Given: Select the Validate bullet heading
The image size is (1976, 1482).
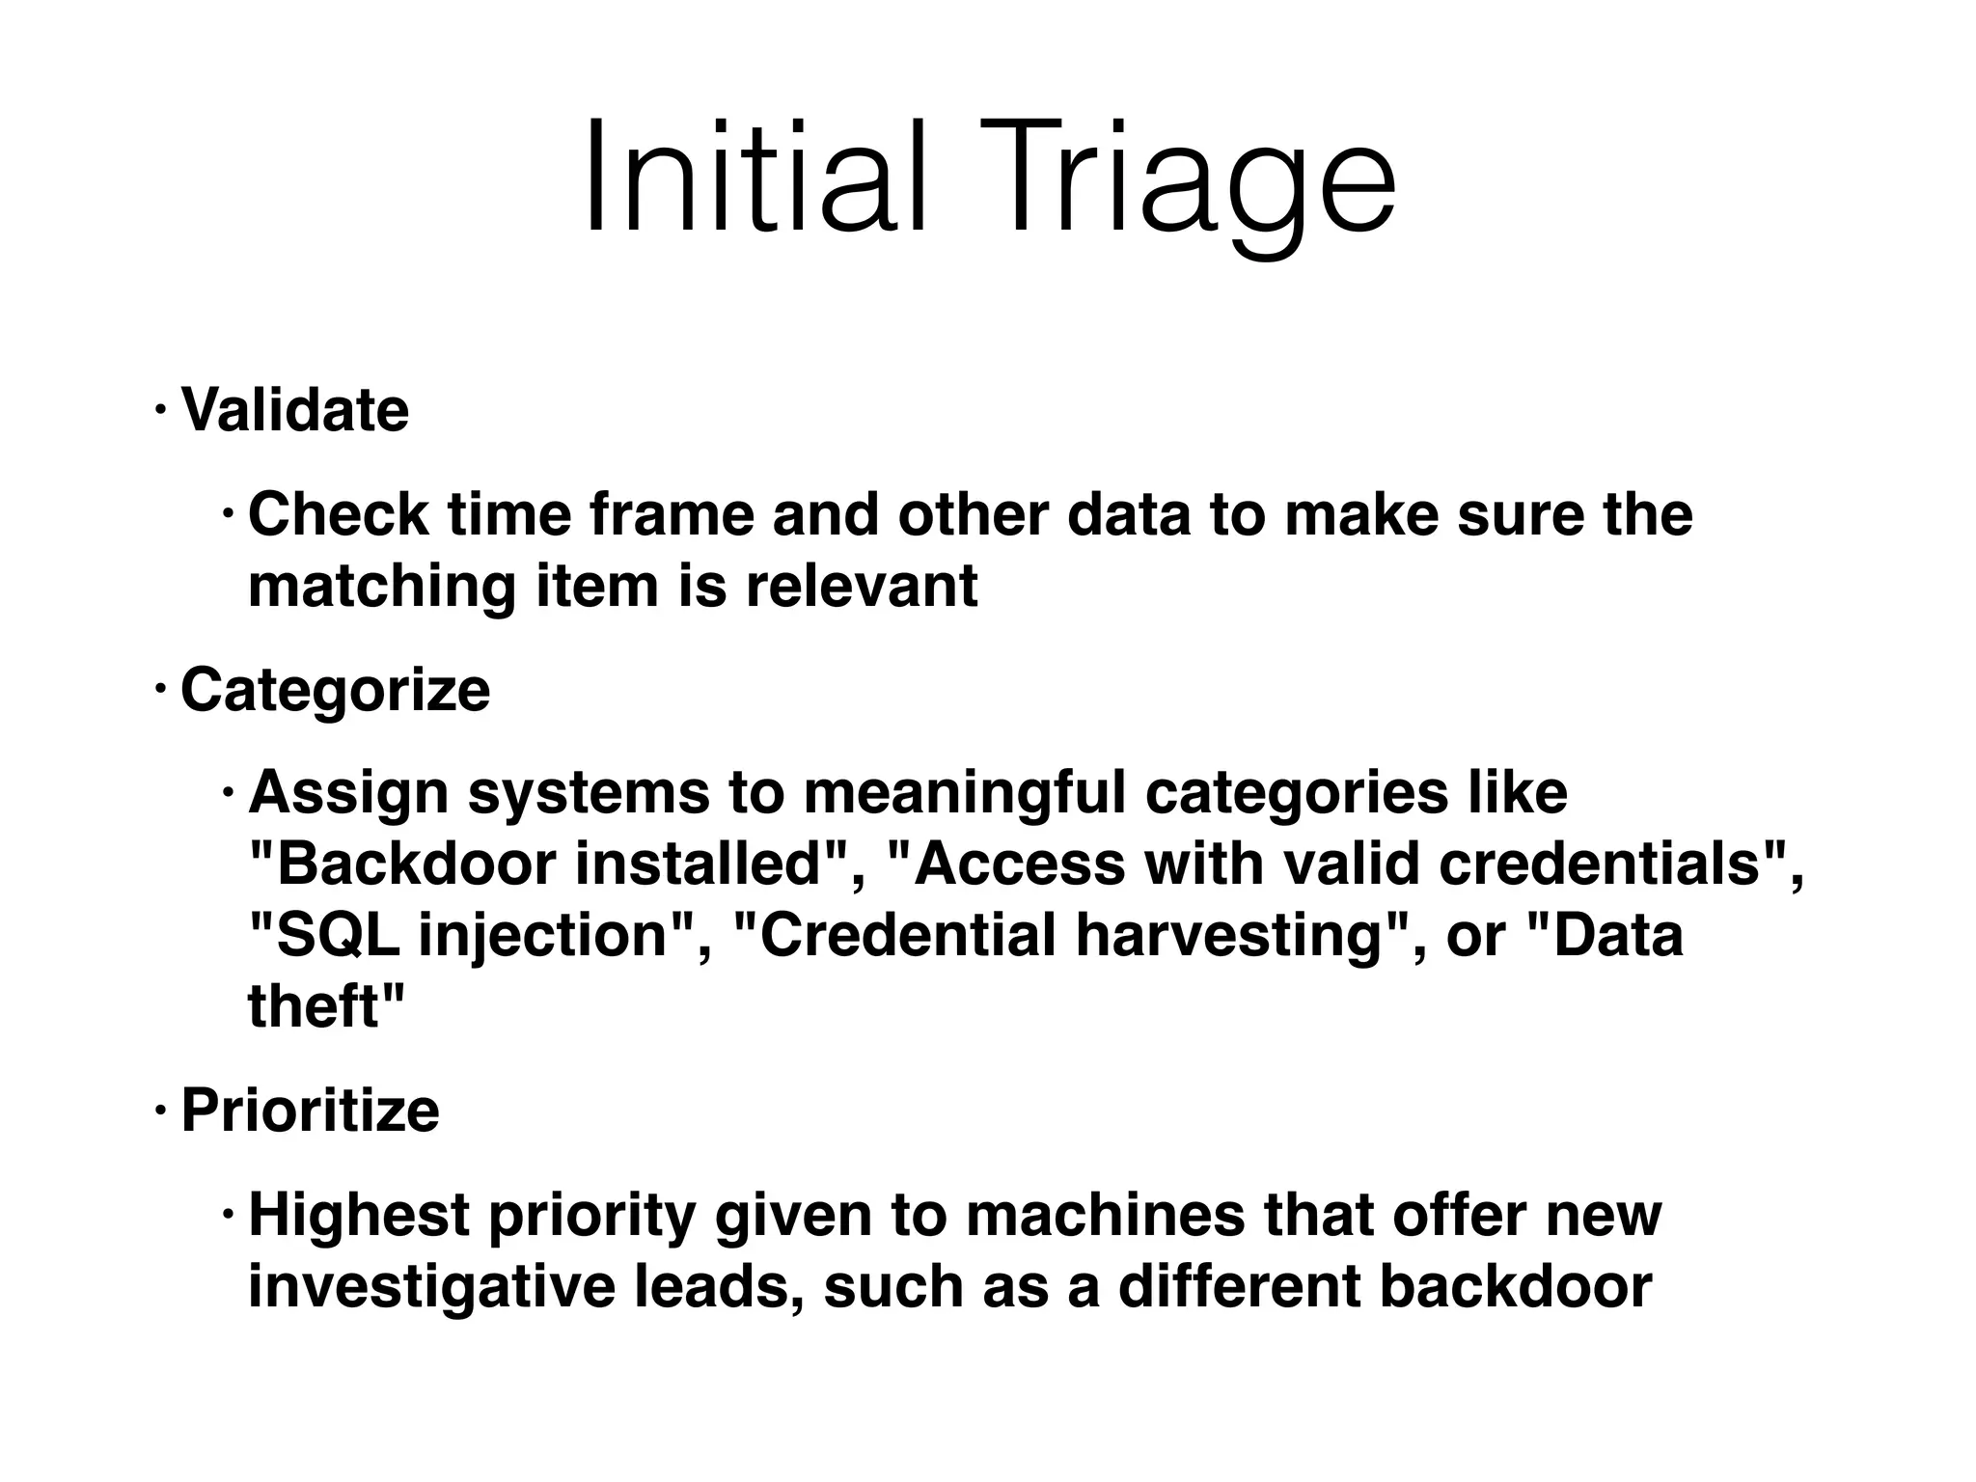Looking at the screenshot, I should pyautogui.click(x=294, y=409).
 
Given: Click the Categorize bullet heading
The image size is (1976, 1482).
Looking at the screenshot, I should pyautogui.click(x=335, y=691).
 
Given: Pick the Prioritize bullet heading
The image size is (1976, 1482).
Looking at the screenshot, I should pyautogui.click(x=310, y=1110).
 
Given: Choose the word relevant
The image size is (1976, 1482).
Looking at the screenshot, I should pyautogui.click(x=861, y=586).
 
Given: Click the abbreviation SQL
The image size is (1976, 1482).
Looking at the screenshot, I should pyautogui.click(x=337, y=935).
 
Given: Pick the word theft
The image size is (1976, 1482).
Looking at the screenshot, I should pyautogui.click(x=312, y=1006).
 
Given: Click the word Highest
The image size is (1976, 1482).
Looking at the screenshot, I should pyautogui.click(x=359, y=1216).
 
